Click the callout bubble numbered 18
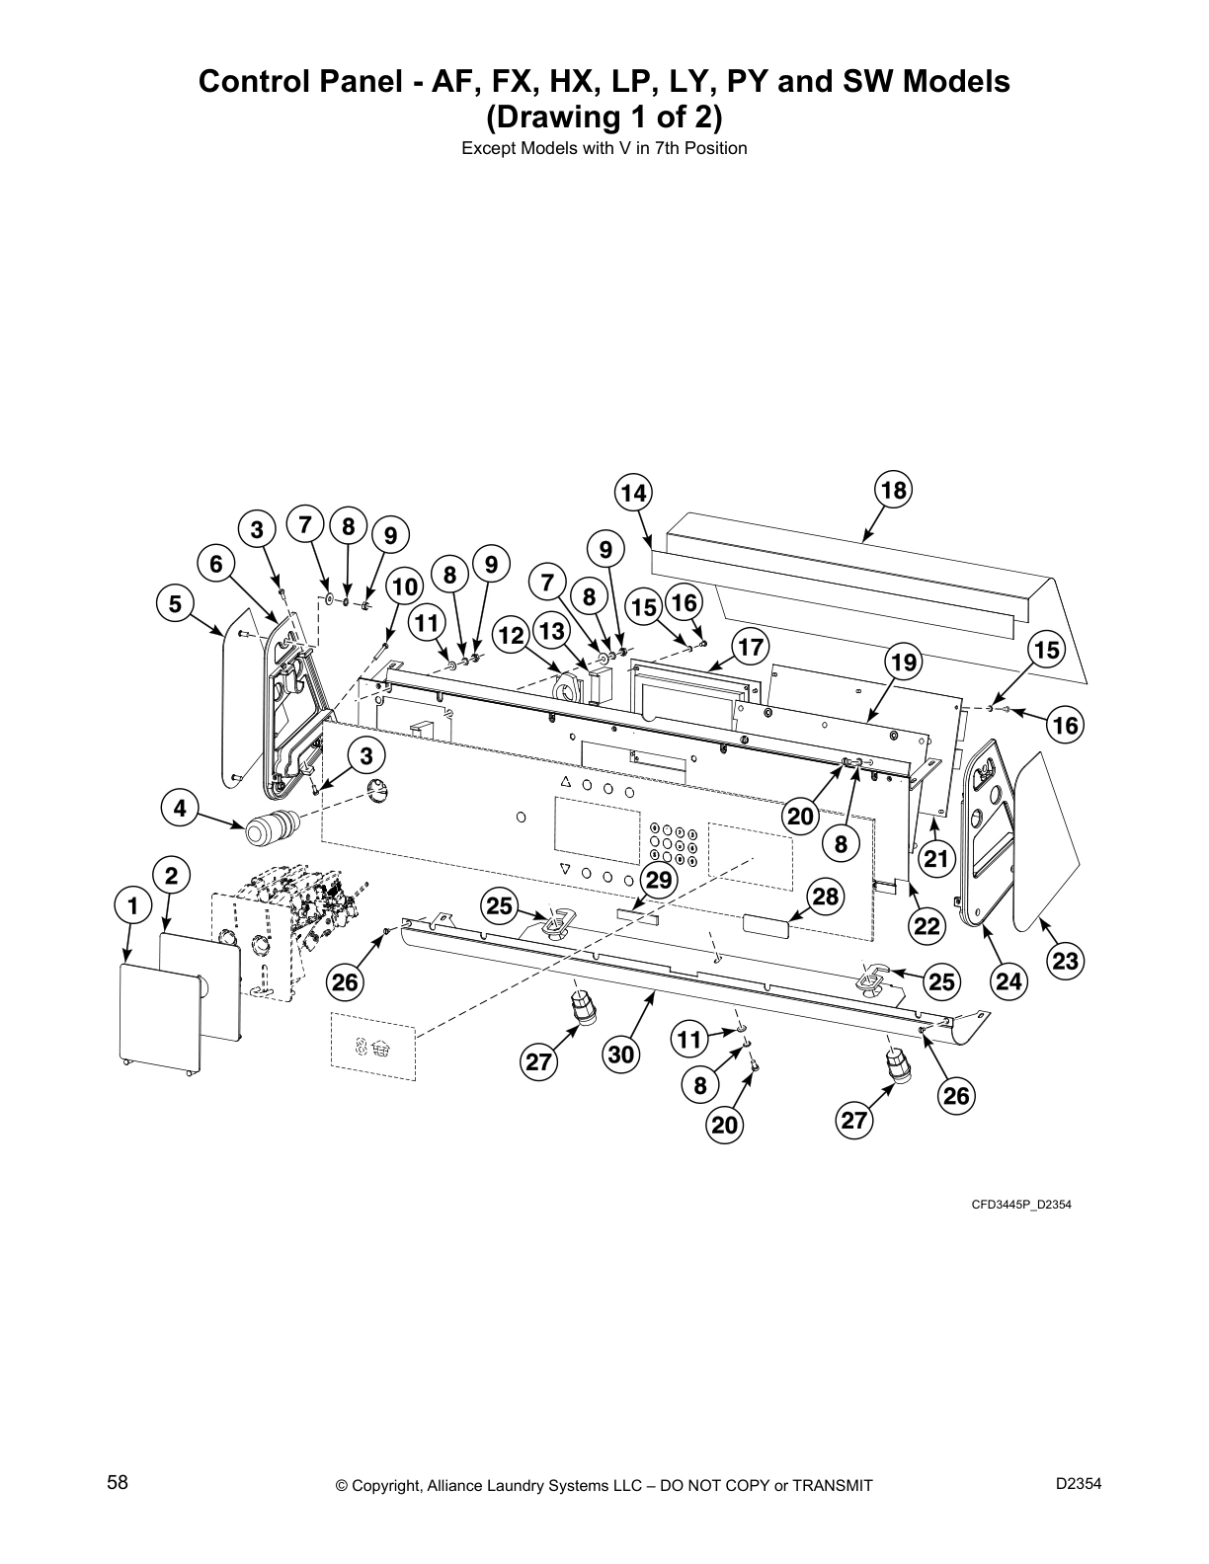tap(892, 491)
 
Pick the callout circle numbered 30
tap(619, 1055)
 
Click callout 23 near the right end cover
tap(1065, 961)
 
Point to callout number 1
tap(132, 904)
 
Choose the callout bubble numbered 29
tap(658, 879)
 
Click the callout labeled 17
tap(751, 647)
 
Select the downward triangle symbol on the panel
tap(565, 870)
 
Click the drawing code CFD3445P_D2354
tap(1020, 1205)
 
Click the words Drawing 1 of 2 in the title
tap(604, 117)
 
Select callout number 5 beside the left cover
tap(175, 603)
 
